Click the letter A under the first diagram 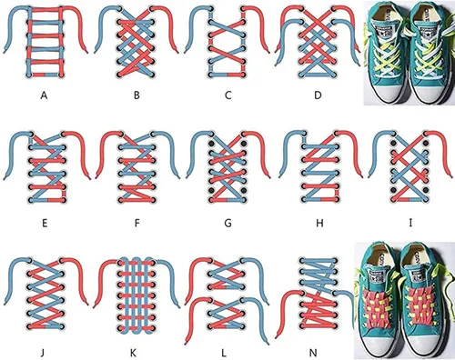(45, 95)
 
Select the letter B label (136, 95)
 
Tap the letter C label (228, 95)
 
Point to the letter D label (318, 95)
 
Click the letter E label (45, 224)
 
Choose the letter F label (137, 224)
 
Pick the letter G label (227, 224)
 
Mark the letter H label (319, 224)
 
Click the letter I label (410, 224)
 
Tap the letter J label (43, 353)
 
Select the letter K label (133, 353)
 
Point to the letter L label (224, 353)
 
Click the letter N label (313, 353)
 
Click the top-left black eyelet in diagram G (212, 143)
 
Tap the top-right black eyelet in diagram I (426, 143)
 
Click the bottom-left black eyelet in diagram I (394, 190)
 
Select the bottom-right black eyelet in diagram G (244, 190)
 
